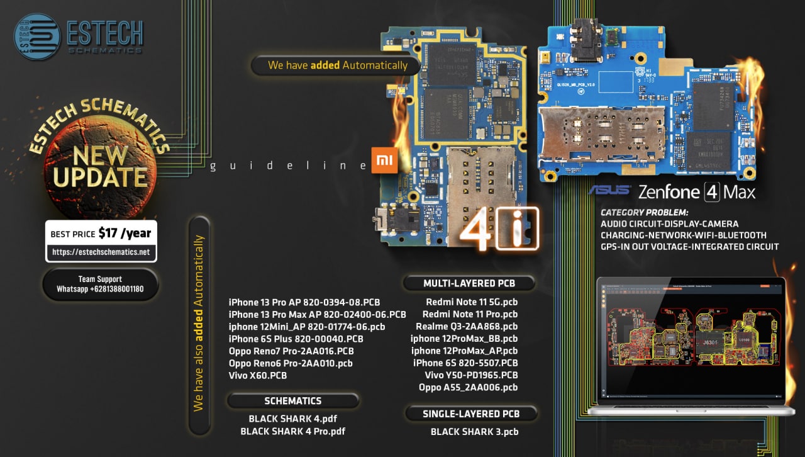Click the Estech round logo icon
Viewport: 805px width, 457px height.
point(37,37)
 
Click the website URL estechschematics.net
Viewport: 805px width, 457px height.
point(101,252)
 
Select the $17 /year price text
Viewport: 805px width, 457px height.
point(125,234)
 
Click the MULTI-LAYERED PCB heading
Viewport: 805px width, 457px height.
point(469,284)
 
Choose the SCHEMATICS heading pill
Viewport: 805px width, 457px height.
point(293,401)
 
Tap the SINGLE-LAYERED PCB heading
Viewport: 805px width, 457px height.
point(471,414)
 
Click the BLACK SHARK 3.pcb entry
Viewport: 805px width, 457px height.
point(474,432)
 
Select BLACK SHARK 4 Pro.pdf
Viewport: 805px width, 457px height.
point(293,431)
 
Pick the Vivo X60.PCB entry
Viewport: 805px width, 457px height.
point(258,376)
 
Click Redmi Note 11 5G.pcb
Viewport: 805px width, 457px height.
point(472,302)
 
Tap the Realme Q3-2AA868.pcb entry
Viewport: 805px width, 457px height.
point(467,326)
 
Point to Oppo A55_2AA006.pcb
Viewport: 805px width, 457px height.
point(469,387)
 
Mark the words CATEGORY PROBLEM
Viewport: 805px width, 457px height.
point(645,212)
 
